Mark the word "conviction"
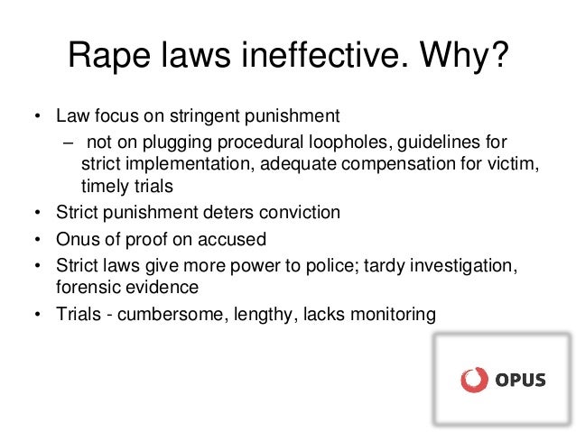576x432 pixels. [302, 213]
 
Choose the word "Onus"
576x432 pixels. [76, 241]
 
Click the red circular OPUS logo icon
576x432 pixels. [472, 379]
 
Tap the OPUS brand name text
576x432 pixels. [519, 380]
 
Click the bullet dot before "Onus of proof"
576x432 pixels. [38, 241]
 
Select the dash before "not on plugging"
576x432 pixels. [68, 142]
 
